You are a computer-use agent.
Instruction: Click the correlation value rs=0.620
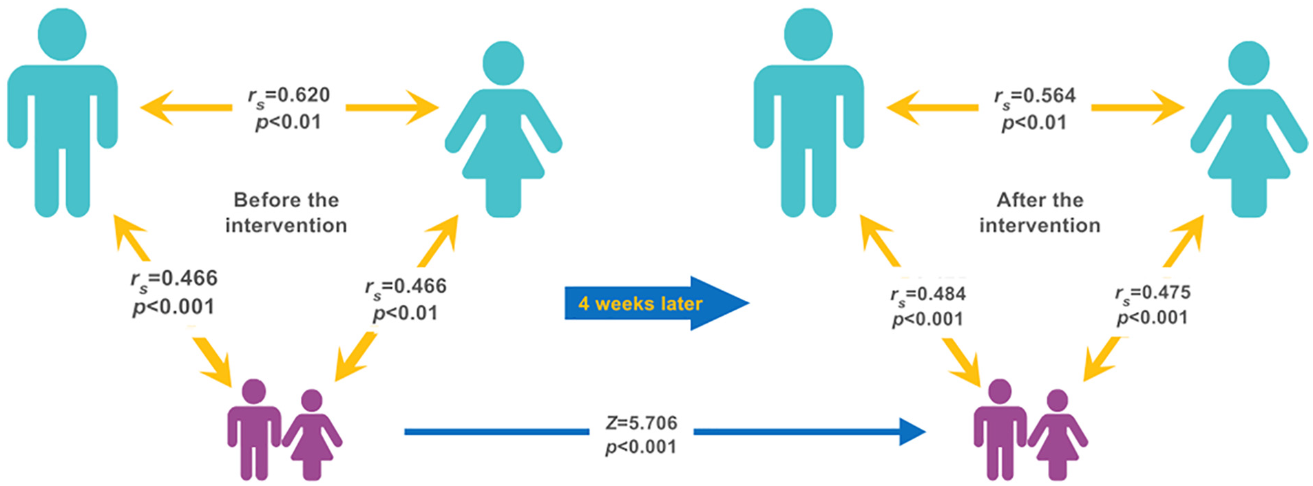point(288,96)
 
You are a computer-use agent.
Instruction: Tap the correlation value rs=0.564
point(1034,97)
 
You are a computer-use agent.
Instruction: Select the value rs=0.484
point(927,295)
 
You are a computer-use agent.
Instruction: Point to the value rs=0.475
point(1153,294)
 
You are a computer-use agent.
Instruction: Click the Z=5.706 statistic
point(641,423)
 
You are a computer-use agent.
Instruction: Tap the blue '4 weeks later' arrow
point(657,304)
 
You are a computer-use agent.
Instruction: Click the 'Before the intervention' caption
point(286,213)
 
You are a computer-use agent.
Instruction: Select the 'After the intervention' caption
point(1040,213)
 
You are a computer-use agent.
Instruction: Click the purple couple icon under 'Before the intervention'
point(284,430)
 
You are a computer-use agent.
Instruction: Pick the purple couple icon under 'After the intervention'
point(1031,430)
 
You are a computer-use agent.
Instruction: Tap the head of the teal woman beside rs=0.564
point(1249,63)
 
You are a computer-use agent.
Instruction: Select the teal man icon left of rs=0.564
point(808,113)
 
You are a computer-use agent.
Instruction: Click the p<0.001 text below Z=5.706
point(640,447)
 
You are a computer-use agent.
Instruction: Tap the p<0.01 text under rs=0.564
point(1034,123)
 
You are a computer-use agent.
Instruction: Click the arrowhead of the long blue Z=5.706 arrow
point(913,432)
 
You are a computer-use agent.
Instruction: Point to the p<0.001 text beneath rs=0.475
point(1153,318)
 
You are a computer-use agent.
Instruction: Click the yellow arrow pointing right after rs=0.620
point(392,107)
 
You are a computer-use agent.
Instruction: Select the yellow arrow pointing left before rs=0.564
point(932,107)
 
